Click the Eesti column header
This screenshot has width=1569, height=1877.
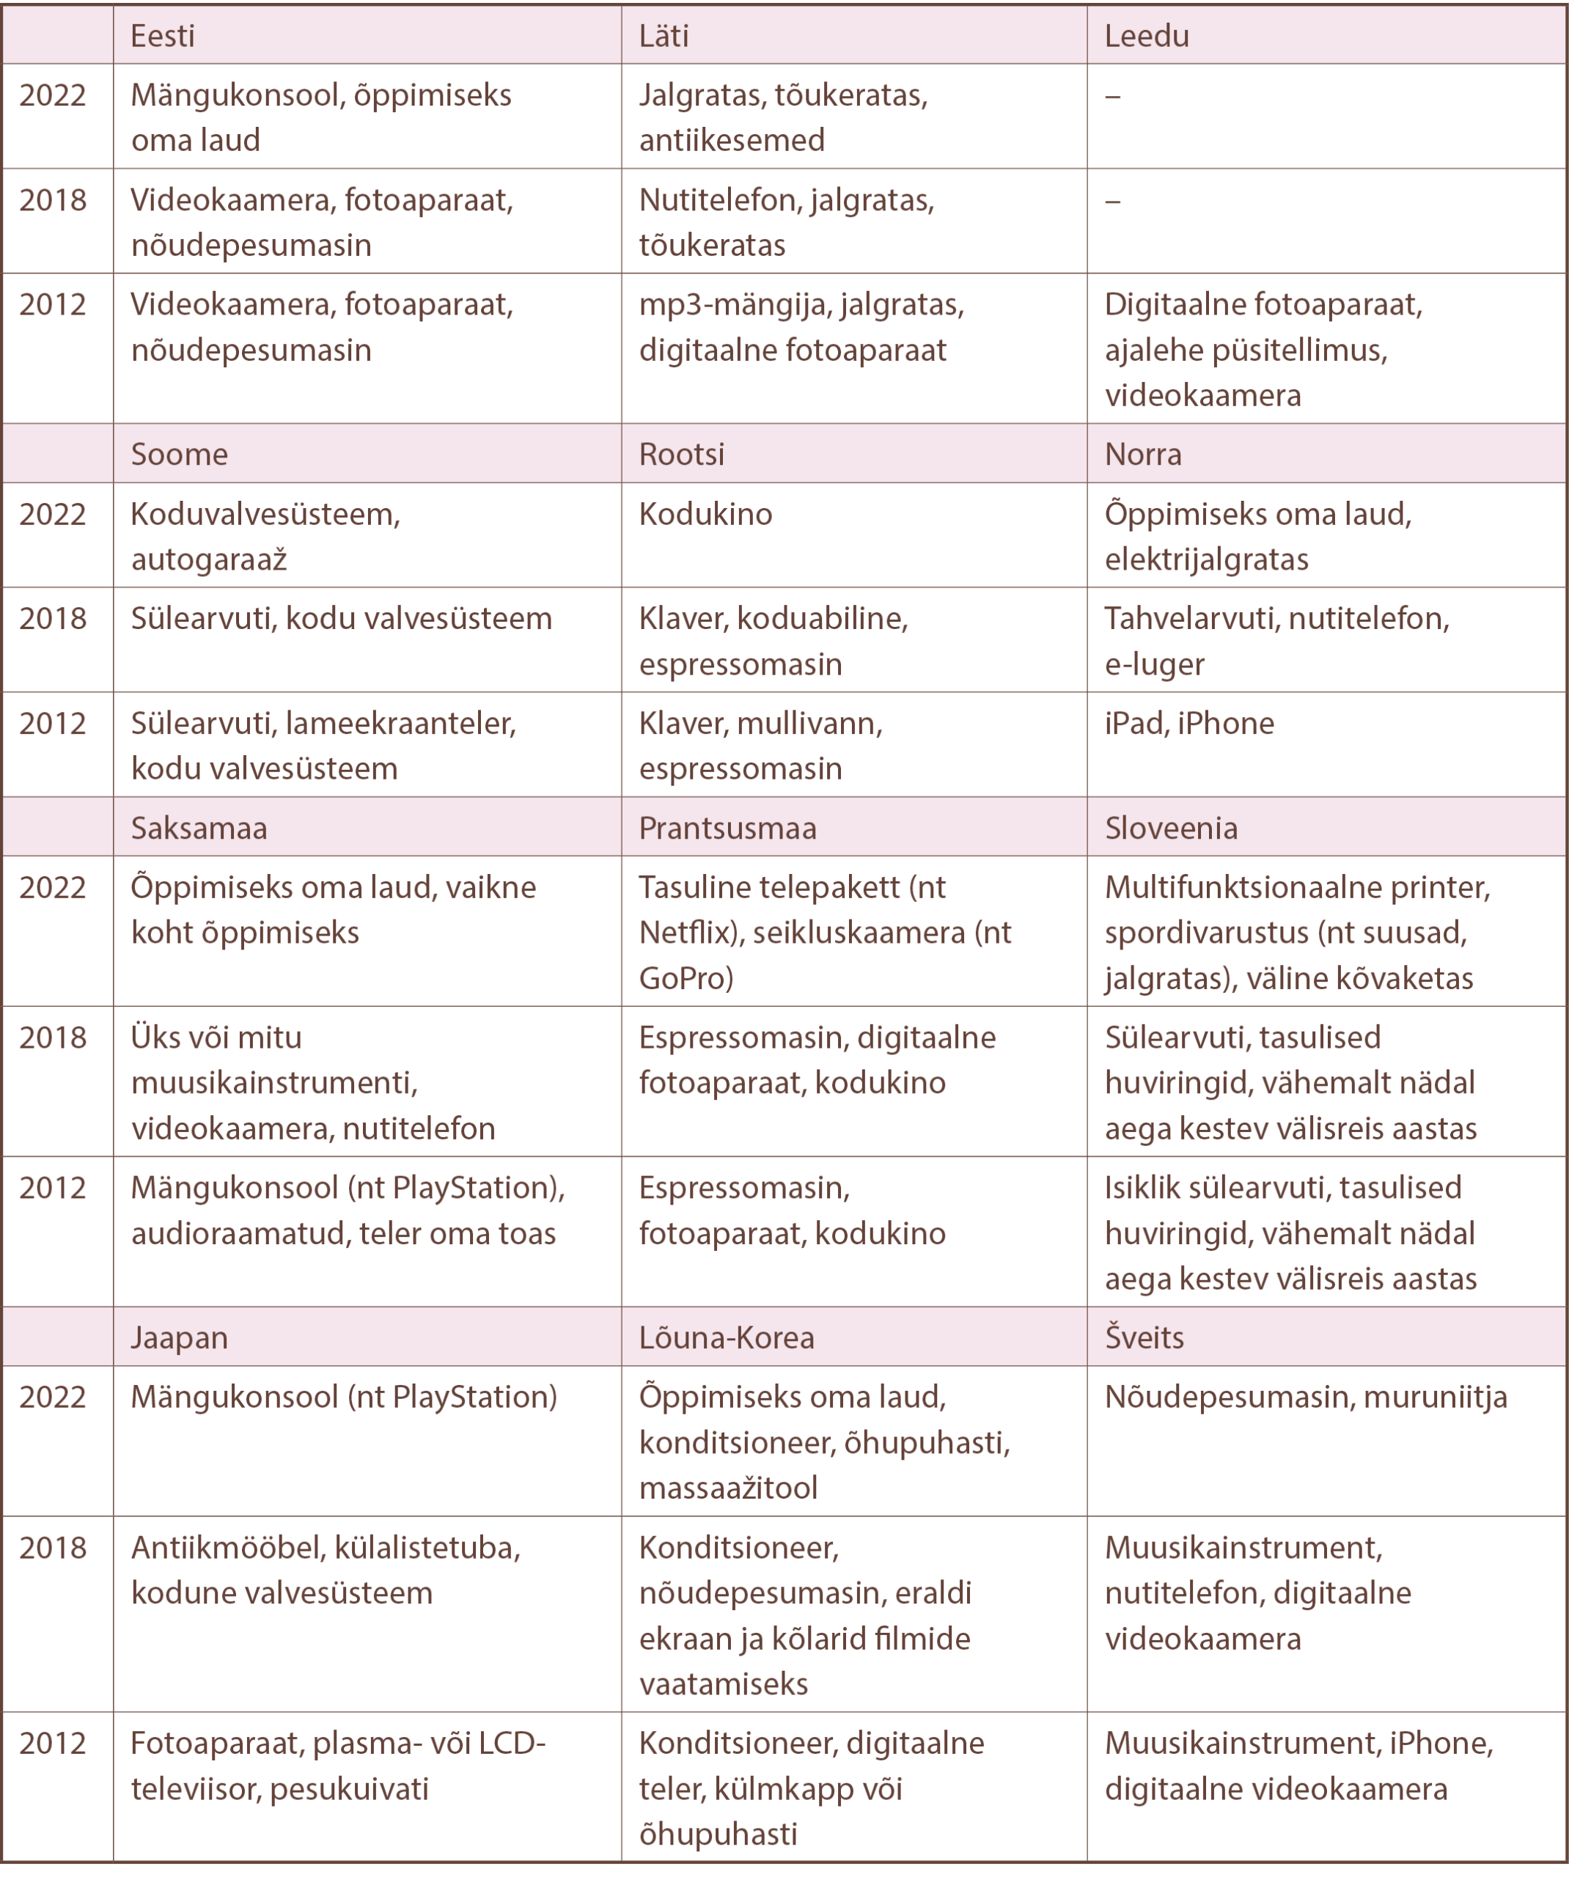coord(163,36)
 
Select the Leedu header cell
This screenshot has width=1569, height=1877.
coord(1146,36)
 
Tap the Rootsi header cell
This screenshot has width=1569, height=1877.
coord(681,454)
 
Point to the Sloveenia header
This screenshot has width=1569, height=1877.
coord(1170,828)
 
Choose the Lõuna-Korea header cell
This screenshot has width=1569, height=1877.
coord(726,1337)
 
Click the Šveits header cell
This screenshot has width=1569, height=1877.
coord(1144,1337)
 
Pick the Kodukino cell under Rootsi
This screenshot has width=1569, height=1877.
coord(705,514)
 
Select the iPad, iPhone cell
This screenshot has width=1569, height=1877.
coord(1189,723)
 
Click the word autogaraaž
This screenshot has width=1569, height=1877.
coord(208,559)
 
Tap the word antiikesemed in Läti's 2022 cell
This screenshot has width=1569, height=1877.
coord(731,140)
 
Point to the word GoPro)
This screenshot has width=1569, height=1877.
coord(686,978)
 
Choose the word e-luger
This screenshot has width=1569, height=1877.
coord(1154,664)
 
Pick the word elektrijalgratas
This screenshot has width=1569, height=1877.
coord(1206,559)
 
